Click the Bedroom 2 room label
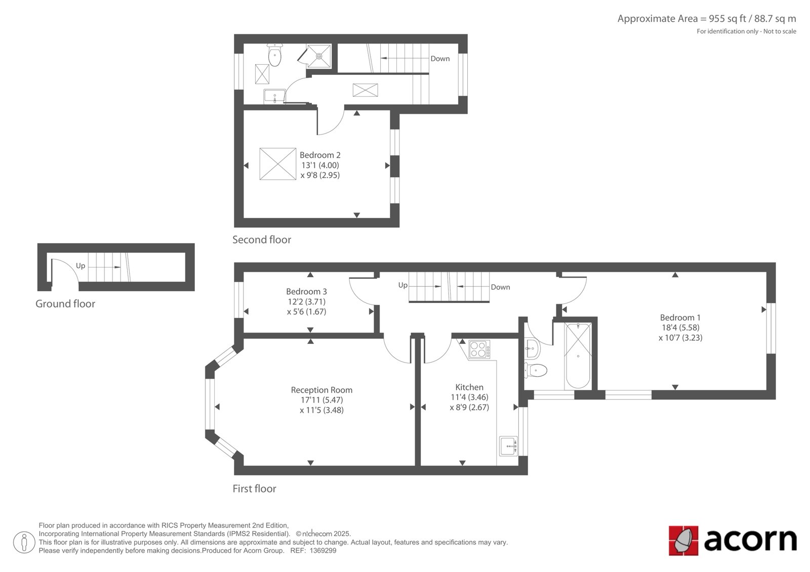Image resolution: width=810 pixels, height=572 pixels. [320, 155]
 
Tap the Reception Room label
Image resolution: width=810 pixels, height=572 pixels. [321, 390]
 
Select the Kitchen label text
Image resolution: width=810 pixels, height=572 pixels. [469, 387]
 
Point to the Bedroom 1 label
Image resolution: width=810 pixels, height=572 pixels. [680, 318]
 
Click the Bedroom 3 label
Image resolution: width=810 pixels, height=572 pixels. [306, 291]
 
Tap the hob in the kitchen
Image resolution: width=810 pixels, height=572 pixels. [479, 349]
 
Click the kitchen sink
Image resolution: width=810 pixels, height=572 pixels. [508, 446]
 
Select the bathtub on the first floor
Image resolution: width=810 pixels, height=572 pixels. [578, 356]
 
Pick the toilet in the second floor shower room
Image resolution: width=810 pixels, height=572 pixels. [275, 55]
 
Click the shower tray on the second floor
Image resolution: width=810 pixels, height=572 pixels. [318, 56]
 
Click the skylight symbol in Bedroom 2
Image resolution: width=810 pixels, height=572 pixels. [278, 164]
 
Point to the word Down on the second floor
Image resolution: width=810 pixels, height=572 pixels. [440, 59]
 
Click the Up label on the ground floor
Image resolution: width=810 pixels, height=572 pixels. [80, 266]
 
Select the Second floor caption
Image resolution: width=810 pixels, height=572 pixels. [261, 240]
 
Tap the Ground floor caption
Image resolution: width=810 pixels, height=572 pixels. [65, 303]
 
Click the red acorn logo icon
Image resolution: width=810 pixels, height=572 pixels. [683, 541]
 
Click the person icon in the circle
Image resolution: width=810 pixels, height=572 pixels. [24, 542]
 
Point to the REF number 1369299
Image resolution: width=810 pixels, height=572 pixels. [323, 551]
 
